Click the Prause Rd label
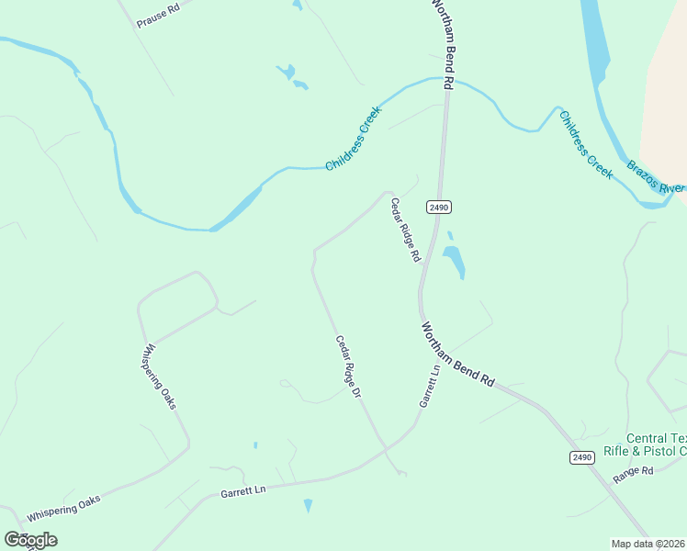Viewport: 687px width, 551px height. [x=158, y=15]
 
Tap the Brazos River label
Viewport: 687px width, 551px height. [x=656, y=177]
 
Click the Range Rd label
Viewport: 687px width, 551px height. [x=632, y=472]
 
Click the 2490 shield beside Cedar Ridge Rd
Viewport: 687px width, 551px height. [x=439, y=208]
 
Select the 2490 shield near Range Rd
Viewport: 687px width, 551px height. [x=581, y=457]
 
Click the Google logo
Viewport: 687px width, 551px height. [x=30, y=540]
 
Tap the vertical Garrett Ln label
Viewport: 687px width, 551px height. [x=429, y=386]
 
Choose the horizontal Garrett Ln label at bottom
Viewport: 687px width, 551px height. [x=243, y=492]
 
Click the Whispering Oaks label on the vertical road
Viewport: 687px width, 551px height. [x=159, y=377]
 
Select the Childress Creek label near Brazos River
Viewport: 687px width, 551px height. [x=585, y=144]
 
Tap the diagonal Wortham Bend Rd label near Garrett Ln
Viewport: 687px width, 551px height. [x=457, y=354]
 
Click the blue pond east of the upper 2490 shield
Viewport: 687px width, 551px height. [x=454, y=261]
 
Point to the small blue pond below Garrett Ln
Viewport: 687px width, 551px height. [x=308, y=505]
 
